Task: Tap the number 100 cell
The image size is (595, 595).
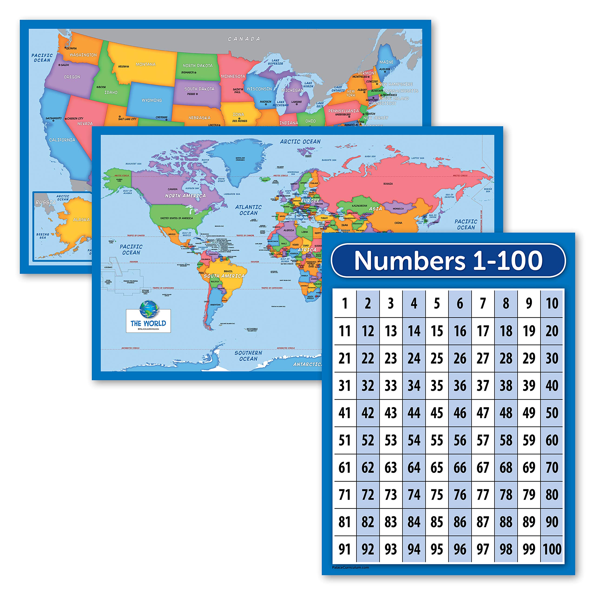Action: (x=552, y=549)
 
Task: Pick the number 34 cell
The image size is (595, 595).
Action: (x=414, y=386)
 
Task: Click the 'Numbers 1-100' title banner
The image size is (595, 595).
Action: (x=448, y=261)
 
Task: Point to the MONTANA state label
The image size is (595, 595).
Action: (x=146, y=64)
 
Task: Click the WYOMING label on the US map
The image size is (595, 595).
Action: (x=152, y=100)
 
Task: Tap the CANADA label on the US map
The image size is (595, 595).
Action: (x=244, y=39)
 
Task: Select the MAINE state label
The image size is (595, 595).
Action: (x=386, y=62)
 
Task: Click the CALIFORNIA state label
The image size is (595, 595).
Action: (x=62, y=140)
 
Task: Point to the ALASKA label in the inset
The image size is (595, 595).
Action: (x=81, y=220)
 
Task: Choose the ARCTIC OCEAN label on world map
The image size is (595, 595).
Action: (x=300, y=142)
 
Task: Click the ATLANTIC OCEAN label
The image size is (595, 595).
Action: (x=248, y=210)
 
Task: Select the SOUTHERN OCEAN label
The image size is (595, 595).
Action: (x=248, y=356)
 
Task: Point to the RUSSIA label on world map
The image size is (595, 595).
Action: (x=388, y=184)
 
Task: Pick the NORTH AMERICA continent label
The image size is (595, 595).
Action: (x=185, y=195)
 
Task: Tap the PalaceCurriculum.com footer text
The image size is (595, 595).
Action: (x=350, y=567)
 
